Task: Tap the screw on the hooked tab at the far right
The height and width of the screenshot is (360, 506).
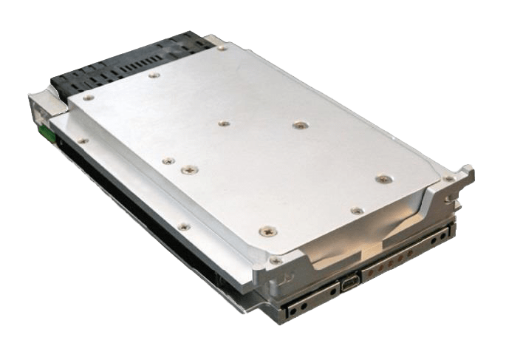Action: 448,179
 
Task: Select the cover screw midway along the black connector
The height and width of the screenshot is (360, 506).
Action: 153,74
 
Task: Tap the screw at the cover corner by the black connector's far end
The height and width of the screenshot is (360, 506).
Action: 222,46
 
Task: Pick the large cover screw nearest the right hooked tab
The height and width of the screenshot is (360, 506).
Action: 382,178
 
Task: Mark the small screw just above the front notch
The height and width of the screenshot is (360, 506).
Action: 356,211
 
